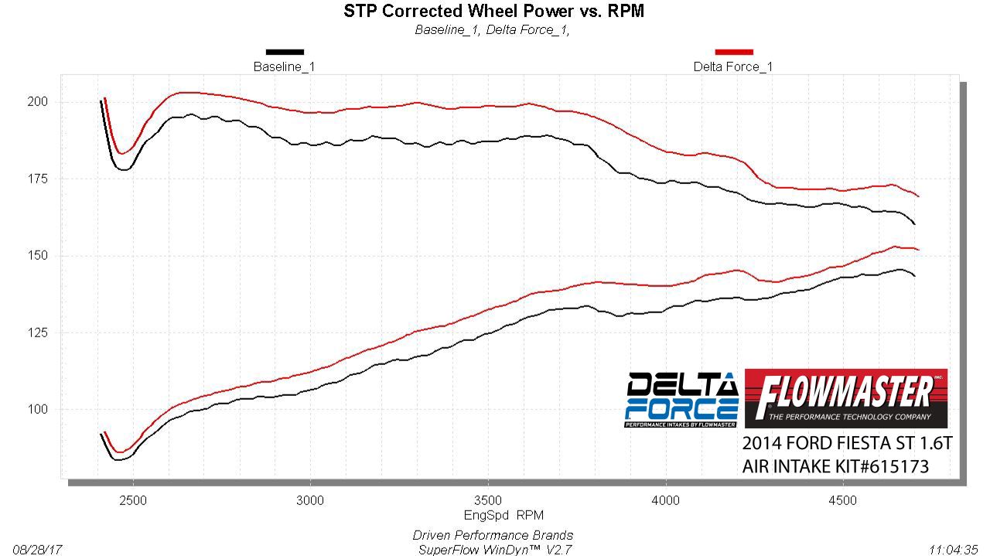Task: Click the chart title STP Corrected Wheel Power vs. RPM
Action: point(493,11)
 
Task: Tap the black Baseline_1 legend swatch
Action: point(285,53)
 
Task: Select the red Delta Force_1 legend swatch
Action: point(733,53)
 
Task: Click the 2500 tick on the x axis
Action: point(134,500)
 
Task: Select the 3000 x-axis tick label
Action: point(311,500)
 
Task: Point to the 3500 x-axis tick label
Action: point(488,500)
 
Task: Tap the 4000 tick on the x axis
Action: point(666,500)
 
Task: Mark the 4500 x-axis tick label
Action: point(843,500)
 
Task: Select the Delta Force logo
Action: point(681,400)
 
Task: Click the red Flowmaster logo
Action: point(845,398)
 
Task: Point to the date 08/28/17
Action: point(36,550)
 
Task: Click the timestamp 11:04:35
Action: point(954,550)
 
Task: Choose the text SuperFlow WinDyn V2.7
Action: point(493,550)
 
